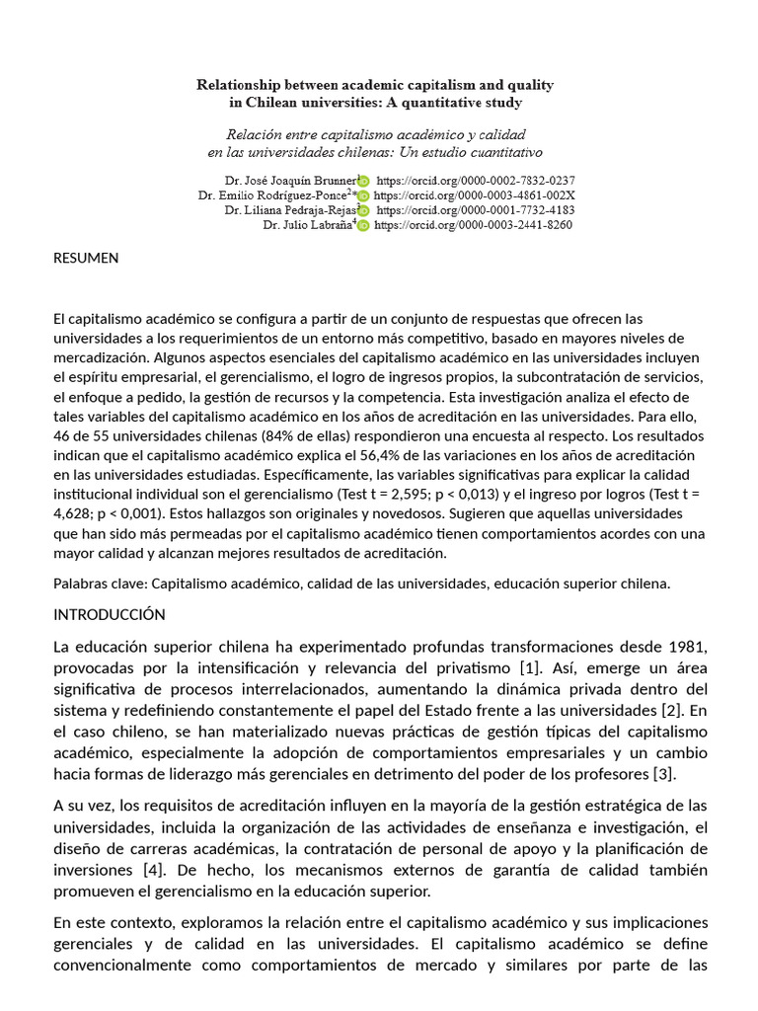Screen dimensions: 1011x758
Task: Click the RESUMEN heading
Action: point(86,259)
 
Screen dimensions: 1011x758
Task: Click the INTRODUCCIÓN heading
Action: point(109,615)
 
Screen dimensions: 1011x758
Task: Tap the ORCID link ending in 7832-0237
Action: point(476,181)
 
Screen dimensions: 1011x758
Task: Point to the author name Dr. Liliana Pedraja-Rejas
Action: point(290,210)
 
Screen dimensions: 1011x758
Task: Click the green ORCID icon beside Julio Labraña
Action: point(362,225)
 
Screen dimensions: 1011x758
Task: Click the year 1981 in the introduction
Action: point(688,647)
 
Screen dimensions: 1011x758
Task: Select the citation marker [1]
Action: point(529,668)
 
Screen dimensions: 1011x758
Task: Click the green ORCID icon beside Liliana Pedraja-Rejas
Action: point(364,210)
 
